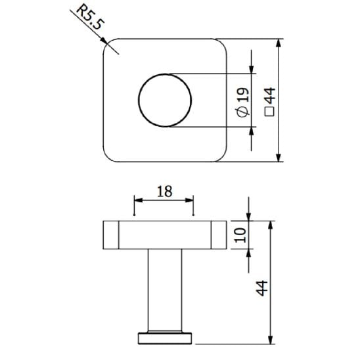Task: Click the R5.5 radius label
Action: click(88, 18)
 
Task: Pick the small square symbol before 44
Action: click(269, 114)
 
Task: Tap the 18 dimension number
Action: click(164, 191)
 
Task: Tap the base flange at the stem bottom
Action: click(164, 338)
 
